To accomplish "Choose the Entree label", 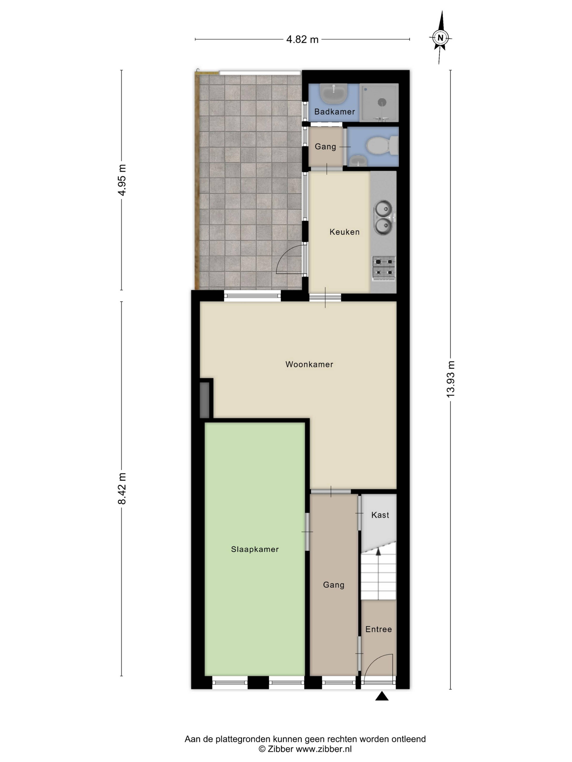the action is click(x=379, y=629).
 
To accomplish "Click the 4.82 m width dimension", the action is click(x=302, y=39).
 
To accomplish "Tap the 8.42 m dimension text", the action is click(x=122, y=488).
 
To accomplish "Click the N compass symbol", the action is click(x=440, y=38).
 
